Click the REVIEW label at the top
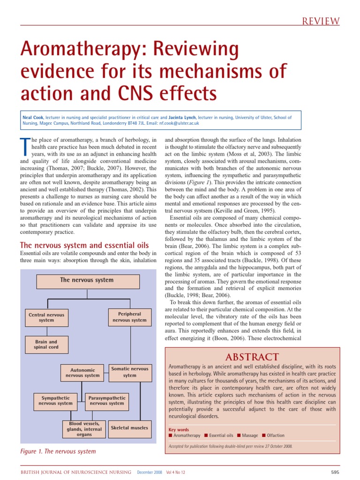(321, 21)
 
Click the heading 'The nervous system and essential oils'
(84, 245)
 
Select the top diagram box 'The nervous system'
(87, 281)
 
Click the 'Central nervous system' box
(46, 317)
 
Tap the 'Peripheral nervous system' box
(129, 317)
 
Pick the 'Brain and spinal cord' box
(46, 345)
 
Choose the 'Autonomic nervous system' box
(82, 373)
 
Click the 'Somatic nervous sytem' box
(129, 372)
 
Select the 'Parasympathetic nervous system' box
(106, 400)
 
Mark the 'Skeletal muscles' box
(129, 427)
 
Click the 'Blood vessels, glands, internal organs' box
(84, 429)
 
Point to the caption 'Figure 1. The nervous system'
(58, 452)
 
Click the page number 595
(335, 472)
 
